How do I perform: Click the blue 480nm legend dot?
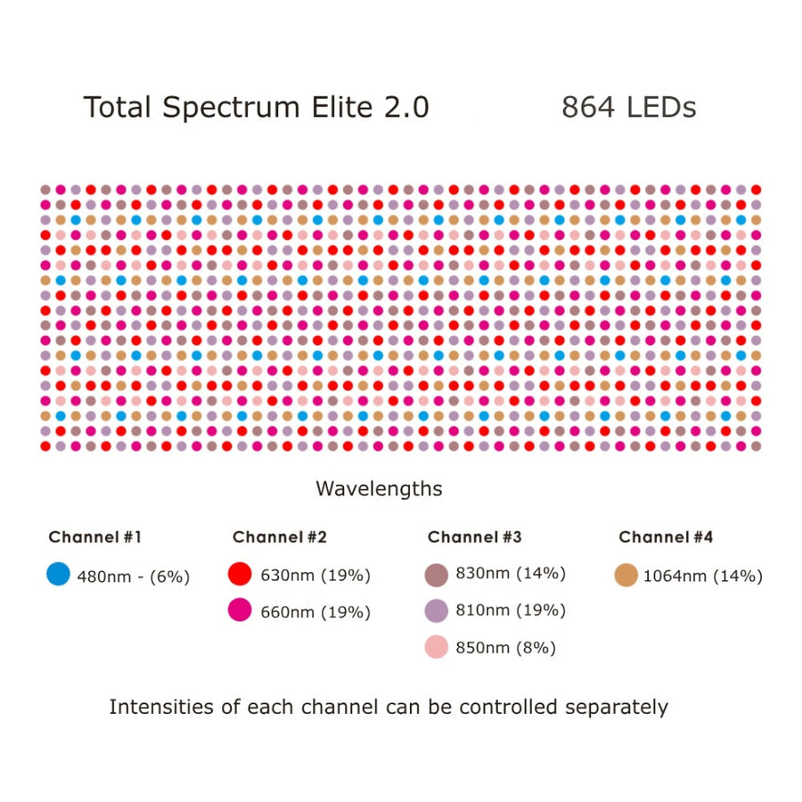click(x=58, y=575)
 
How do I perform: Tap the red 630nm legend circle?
click(x=240, y=575)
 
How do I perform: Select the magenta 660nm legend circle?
click(x=240, y=610)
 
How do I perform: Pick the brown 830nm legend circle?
click(x=437, y=575)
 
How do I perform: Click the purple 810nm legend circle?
click(x=437, y=610)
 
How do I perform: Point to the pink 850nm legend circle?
click(x=437, y=647)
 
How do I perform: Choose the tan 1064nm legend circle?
click(x=626, y=576)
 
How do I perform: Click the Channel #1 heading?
click(x=94, y=536)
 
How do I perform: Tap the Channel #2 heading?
click(x=279, y=536)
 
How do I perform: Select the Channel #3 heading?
click(x=474, y=536)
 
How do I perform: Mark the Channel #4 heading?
click(x=666, y=536)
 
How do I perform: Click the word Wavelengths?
click(x=379, y=489)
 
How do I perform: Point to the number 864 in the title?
click(x=588, y=107)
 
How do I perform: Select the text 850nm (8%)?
click(x=504, y=648)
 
